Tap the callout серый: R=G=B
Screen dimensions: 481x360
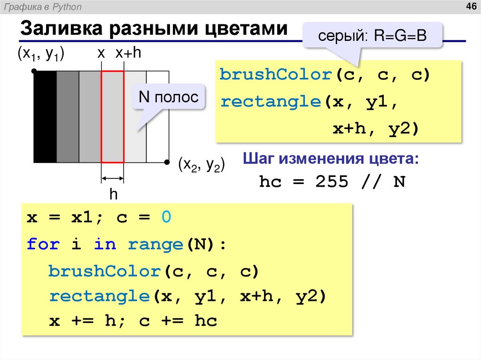point(372,35)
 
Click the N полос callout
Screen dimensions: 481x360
point(168,97)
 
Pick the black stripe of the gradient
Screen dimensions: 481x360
point(45,116)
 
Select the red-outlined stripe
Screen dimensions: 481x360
point(113,116)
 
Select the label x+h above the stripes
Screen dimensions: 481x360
point(128,54)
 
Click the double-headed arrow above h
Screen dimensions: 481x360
point(113,178)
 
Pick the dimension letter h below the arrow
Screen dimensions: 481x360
point(113,194)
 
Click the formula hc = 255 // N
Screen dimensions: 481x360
point(332,182)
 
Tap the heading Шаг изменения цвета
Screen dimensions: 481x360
point(330,159)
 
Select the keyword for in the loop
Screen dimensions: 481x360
point(43,244)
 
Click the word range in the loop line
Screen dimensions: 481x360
point(155,244)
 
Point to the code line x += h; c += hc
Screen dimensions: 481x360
point(133,321)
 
